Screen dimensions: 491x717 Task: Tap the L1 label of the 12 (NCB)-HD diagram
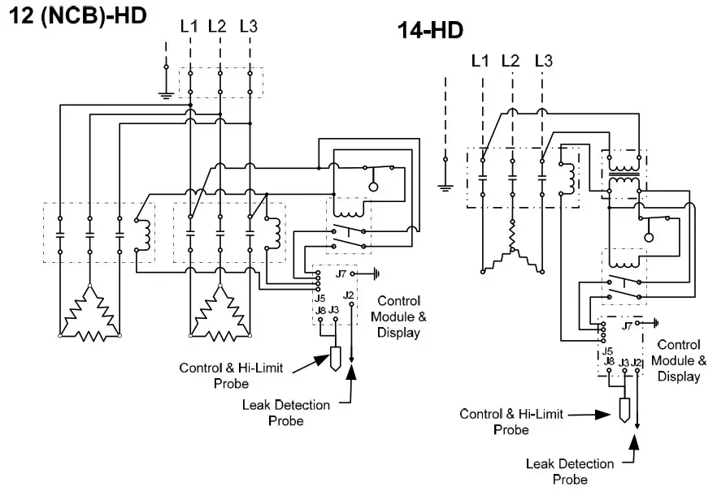(189, 27)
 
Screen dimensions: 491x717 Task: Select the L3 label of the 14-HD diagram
(544, 61)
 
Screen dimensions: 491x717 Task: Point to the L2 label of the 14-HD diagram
(511, 61)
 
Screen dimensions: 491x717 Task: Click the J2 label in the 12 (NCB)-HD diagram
(348, 295)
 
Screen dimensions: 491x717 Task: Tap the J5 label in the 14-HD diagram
(607, 351)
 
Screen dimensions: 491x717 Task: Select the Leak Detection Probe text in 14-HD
(569, 471)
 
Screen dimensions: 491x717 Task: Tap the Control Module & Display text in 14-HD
(680, 360)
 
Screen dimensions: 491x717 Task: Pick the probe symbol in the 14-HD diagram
(624, 409)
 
